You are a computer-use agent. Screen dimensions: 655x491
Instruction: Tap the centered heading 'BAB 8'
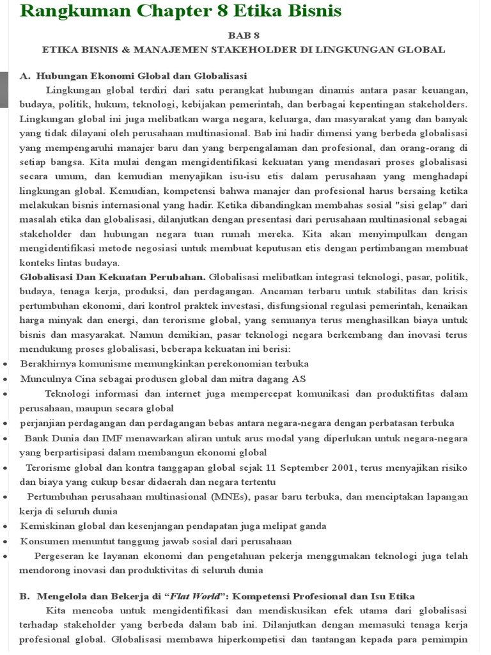coord(245,36)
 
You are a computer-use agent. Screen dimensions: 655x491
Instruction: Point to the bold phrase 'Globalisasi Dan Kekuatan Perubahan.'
coord(113,277)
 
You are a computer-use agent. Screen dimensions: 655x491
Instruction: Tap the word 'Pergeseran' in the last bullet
coord(61,556)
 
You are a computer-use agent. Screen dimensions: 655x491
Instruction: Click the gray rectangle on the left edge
coord(3,90)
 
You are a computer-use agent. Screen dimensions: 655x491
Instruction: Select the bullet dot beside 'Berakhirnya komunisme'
coord(5,364)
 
